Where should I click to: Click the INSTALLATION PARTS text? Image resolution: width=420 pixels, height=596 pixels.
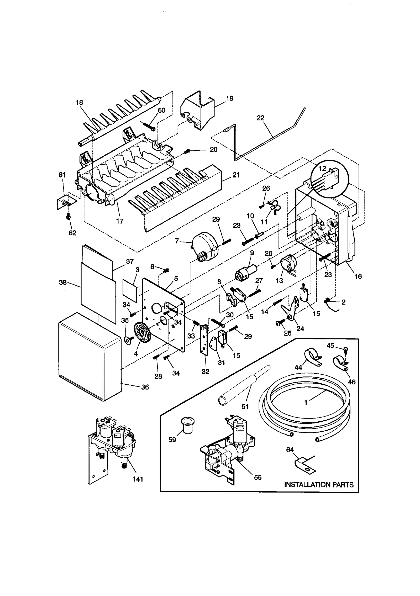point(319,485)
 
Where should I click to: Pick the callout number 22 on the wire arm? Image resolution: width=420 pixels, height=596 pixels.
point(260,118)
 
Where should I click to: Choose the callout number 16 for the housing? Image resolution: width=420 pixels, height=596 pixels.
point(358,276)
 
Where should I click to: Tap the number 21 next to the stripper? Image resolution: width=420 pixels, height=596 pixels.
point(236,175)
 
